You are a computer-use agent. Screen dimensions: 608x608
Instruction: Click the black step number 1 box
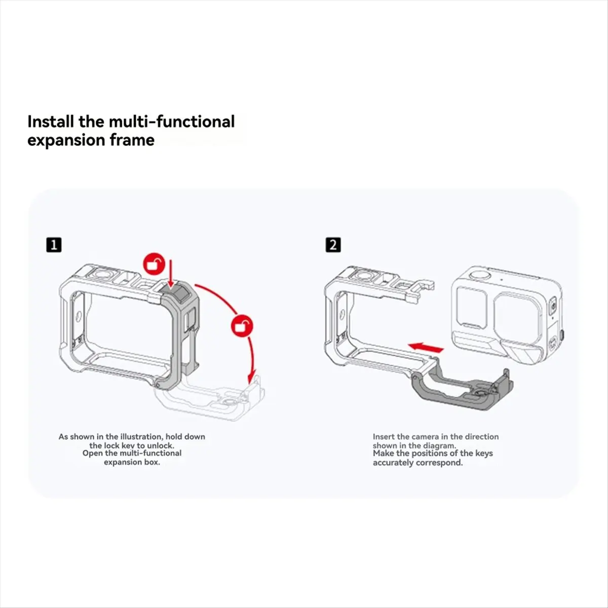point(54,245)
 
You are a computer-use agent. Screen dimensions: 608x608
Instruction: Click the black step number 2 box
point(333,245)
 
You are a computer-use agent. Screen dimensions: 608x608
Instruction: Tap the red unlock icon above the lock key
point(155,263)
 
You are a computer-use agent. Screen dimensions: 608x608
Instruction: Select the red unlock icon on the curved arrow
point(242,325)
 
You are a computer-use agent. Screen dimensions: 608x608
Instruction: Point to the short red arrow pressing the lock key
point(171,273)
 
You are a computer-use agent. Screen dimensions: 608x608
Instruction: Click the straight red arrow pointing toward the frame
point(426,348)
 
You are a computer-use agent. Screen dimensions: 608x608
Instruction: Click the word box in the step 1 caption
point(152,462)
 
